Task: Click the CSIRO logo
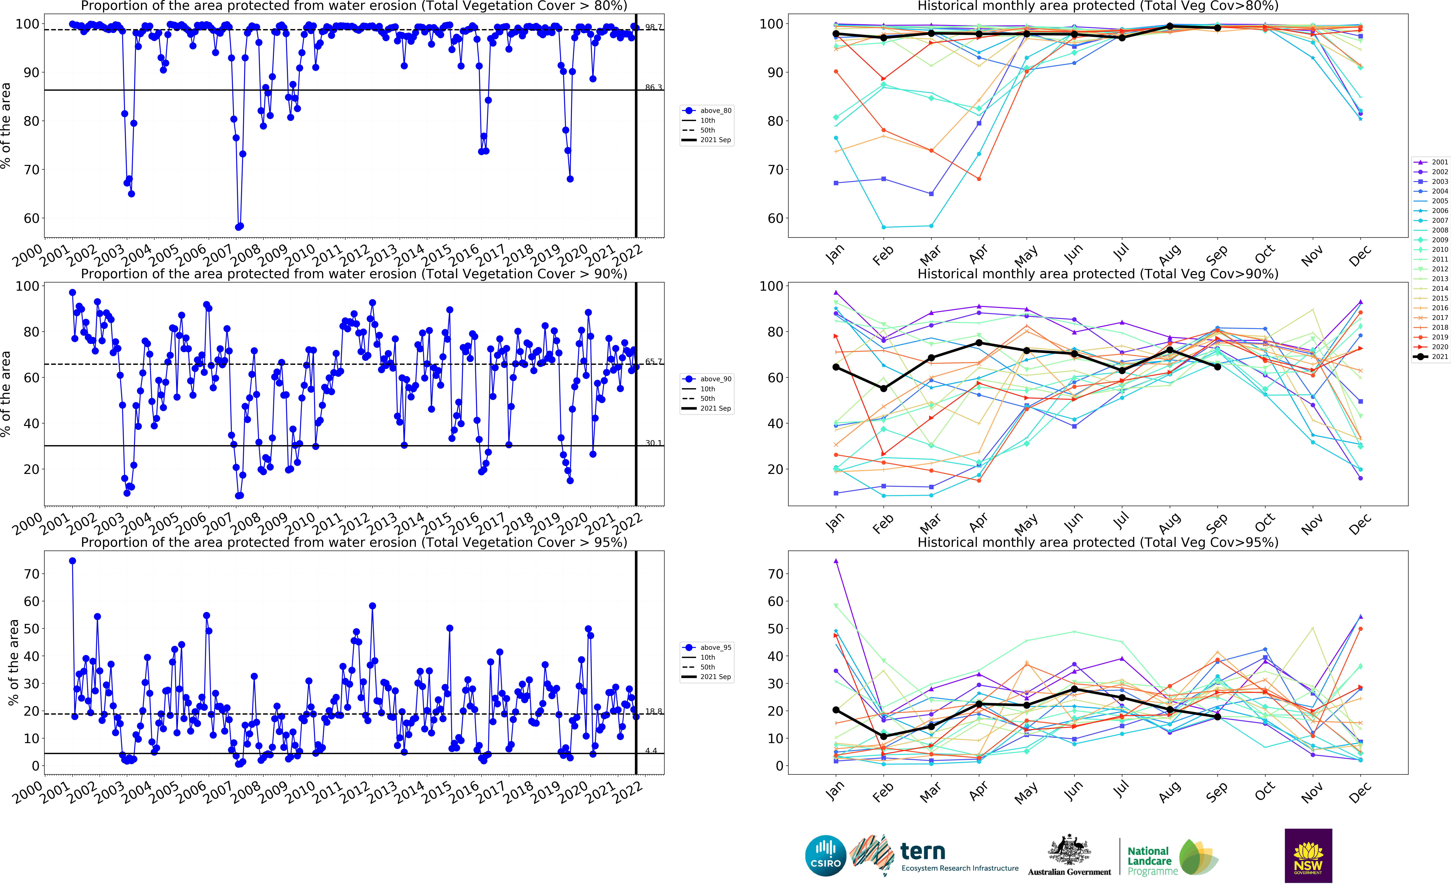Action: (x=825, y=856)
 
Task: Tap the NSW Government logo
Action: (x=1308, y=856)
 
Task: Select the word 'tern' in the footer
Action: (x=922, y=851)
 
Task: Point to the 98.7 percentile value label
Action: (x=653, y=27)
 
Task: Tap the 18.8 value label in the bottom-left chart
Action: (x=653, y=711)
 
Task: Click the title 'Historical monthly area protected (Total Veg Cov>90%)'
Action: (x=1097, y=274)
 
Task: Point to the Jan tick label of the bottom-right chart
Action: (x=834, y=791)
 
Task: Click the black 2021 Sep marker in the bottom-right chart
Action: (x=1217, y=717)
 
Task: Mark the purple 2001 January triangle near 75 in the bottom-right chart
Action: (x=836, y=560)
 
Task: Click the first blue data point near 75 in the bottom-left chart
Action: (x=73, y=560)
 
